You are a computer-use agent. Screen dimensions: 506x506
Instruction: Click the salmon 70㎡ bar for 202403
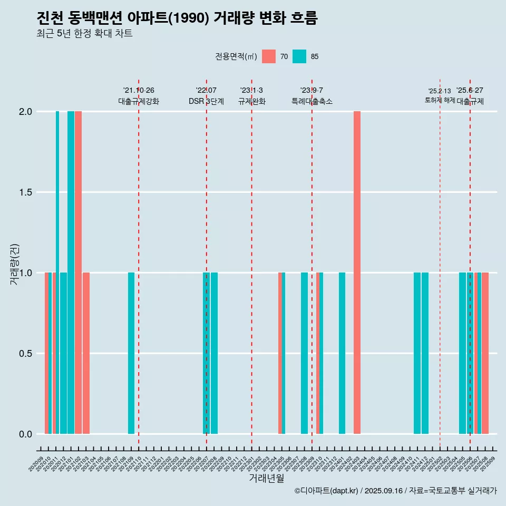click(357, 273)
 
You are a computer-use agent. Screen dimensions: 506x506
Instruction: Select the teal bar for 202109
click(131, 353)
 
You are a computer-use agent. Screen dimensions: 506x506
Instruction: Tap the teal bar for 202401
click(342, 353)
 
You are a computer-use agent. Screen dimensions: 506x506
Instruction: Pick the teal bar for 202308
click(304, 353)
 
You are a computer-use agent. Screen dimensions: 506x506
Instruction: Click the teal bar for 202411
click(417, 353)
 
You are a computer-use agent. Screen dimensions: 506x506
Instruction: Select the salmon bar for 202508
click(485, 353)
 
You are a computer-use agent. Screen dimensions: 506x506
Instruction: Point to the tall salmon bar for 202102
click(78, 273)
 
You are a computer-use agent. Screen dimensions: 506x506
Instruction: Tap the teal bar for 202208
click(214, 353)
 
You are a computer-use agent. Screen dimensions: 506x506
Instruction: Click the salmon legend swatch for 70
click(269, 56)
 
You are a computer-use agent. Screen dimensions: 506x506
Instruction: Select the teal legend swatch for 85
click(299, 56)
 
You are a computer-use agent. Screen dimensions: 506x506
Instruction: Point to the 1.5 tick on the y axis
click(26, 192)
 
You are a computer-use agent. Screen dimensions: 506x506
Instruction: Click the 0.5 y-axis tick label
click(26, 354)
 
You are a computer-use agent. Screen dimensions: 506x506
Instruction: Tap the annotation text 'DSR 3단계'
click(206, 101)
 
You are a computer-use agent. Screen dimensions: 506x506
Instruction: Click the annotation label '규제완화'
click(251, 101)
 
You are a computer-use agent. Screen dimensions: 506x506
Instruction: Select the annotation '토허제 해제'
click(440, 100)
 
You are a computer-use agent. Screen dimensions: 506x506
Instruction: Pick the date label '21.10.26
click(139, 90)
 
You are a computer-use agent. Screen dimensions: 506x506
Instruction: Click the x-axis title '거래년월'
click(266, 479)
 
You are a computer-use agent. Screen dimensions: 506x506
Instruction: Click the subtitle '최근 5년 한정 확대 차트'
click(84, 34)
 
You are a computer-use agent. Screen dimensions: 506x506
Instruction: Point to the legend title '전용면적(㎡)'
click(236, 56)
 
